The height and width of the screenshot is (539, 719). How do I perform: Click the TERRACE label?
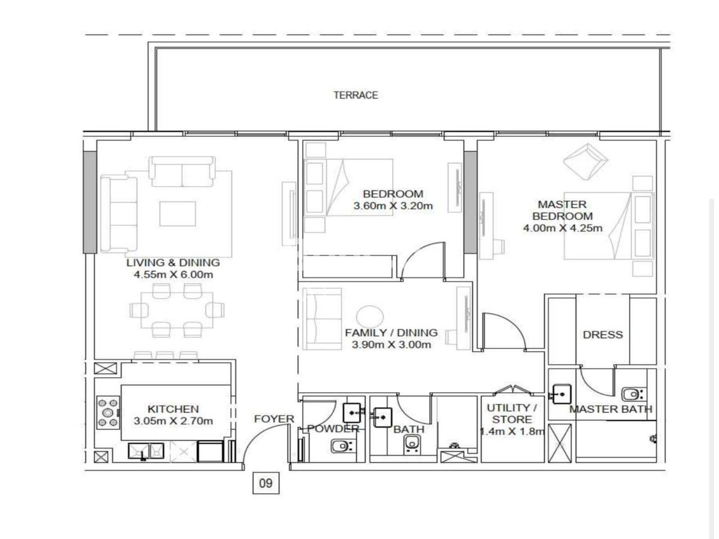point(355,95)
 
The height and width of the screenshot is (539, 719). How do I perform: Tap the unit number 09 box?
point(266,483)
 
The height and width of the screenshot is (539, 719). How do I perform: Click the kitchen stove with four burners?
point(108,413)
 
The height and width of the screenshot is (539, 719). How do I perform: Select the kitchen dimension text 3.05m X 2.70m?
point(173,421)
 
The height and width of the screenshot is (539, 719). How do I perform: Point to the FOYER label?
point(274,419)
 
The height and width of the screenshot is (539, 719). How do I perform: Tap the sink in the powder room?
point(353,413)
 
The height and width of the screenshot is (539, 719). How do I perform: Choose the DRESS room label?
point(603,335)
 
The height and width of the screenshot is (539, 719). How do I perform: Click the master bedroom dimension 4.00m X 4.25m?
point(563,228)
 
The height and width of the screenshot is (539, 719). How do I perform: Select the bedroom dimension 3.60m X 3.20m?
point(393,206)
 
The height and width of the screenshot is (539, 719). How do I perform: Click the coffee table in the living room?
point(178,214)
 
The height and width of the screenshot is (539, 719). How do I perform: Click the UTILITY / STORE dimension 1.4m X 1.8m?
point(512,431)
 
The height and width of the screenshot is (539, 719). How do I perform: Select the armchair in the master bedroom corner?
point(586,161)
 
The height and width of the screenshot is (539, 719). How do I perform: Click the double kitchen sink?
point(146,451)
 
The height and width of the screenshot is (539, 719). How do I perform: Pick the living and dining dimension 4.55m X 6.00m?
point(173,274)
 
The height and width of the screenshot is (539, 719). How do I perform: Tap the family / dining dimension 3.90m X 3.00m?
point(391,345)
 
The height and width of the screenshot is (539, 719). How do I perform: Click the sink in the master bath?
point(562,394)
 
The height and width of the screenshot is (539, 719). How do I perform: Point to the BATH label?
point(409,429)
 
